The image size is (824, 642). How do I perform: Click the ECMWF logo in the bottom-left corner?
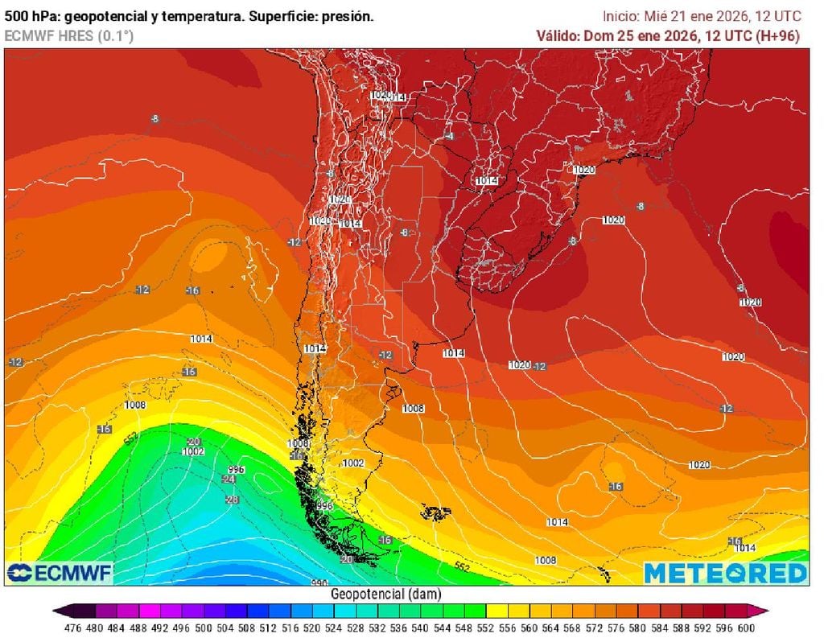click(x=60, y=573)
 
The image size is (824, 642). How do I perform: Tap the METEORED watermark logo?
click(x=724, y=573)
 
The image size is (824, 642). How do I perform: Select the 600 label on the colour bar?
click(x=745, y=628)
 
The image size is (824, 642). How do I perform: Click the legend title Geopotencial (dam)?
click(x=385, y=594)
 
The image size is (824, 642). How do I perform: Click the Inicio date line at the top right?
click(x=702, y=16)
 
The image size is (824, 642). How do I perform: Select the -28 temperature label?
click(x=233, y=500)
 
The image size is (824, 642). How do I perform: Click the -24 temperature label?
click(x=229, y=479)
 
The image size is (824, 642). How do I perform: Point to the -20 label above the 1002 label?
click(x=193, y=442)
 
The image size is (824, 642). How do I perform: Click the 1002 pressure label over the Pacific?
click(x=193, y=452)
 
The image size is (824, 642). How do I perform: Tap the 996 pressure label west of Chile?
click(x=236, y=469)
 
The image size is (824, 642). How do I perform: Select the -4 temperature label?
click(x=450, y=136)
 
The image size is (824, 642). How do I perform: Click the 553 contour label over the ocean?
click(x=131, y=438)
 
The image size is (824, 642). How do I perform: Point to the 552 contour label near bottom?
click(x=462, y=566)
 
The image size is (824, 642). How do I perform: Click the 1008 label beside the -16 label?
click(x=298, y=443)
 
